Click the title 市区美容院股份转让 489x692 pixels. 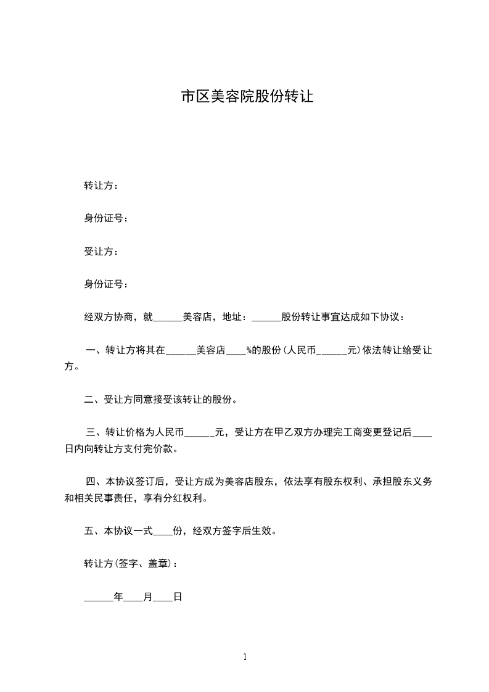(247, 97)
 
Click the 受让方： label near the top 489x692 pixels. (102, 252)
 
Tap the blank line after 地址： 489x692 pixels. (266, 318)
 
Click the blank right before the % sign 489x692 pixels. (236, 351)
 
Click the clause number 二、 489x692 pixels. (94, 400)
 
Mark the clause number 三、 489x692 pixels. (96, 432)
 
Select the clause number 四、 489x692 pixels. (96, 481)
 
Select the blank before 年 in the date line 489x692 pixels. (99, 597)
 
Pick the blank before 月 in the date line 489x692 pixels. (133, 597)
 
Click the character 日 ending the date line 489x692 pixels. (177, 597)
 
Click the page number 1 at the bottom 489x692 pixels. (245, 657)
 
